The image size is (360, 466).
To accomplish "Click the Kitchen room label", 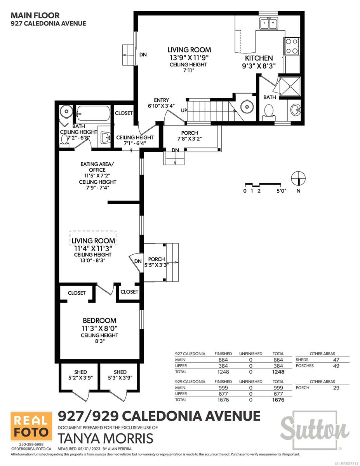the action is click(259, 58).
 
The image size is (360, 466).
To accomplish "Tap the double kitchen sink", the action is click(269, 24).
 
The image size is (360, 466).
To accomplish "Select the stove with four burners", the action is click(292, 46).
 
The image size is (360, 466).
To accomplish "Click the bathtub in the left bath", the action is click(94, 113).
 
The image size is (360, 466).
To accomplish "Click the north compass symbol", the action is click(298, 178).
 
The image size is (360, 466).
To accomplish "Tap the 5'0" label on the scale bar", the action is click(281, 191).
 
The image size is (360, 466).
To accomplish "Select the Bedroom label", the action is click(99, 320).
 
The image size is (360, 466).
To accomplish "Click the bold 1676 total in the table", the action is click(278, 400).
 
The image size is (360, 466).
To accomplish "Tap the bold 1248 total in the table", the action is click(278, 372).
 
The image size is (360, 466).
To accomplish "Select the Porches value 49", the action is click(336, 366).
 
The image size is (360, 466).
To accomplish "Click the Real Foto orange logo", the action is click(31, 426).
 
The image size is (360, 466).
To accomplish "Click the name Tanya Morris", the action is click(106, 438).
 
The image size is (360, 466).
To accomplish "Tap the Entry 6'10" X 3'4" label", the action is click(161, 103).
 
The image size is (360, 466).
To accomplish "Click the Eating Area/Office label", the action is click(97, 167).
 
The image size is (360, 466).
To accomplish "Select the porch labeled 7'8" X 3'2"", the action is click(190, 136).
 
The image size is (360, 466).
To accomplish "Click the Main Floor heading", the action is click(35, 16).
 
